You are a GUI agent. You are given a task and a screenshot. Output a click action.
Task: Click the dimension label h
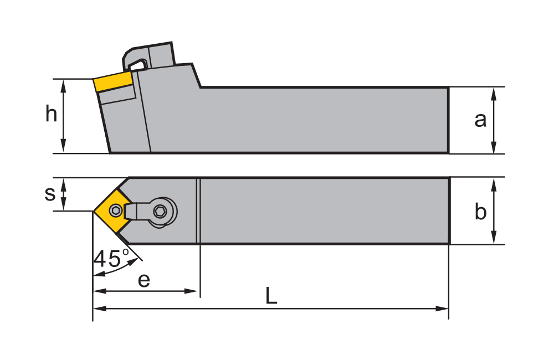tap(51, 115)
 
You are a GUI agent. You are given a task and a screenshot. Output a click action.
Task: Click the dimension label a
tap(480, 119)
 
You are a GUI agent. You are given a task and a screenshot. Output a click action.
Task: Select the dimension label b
tap(480, 212)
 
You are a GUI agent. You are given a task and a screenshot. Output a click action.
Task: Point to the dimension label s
tap(50, 193)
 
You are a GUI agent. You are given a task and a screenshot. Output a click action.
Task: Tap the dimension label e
tap(144, 280)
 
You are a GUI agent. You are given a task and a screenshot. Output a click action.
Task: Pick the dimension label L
tap(271, 297)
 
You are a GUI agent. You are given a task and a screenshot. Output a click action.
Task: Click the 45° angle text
tap(111, 258)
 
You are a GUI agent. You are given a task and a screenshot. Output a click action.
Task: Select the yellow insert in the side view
tap(114, 82)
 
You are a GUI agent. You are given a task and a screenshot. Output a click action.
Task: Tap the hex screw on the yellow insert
tap(115, 210)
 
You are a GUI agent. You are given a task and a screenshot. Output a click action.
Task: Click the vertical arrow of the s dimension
tap(64, 194)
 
